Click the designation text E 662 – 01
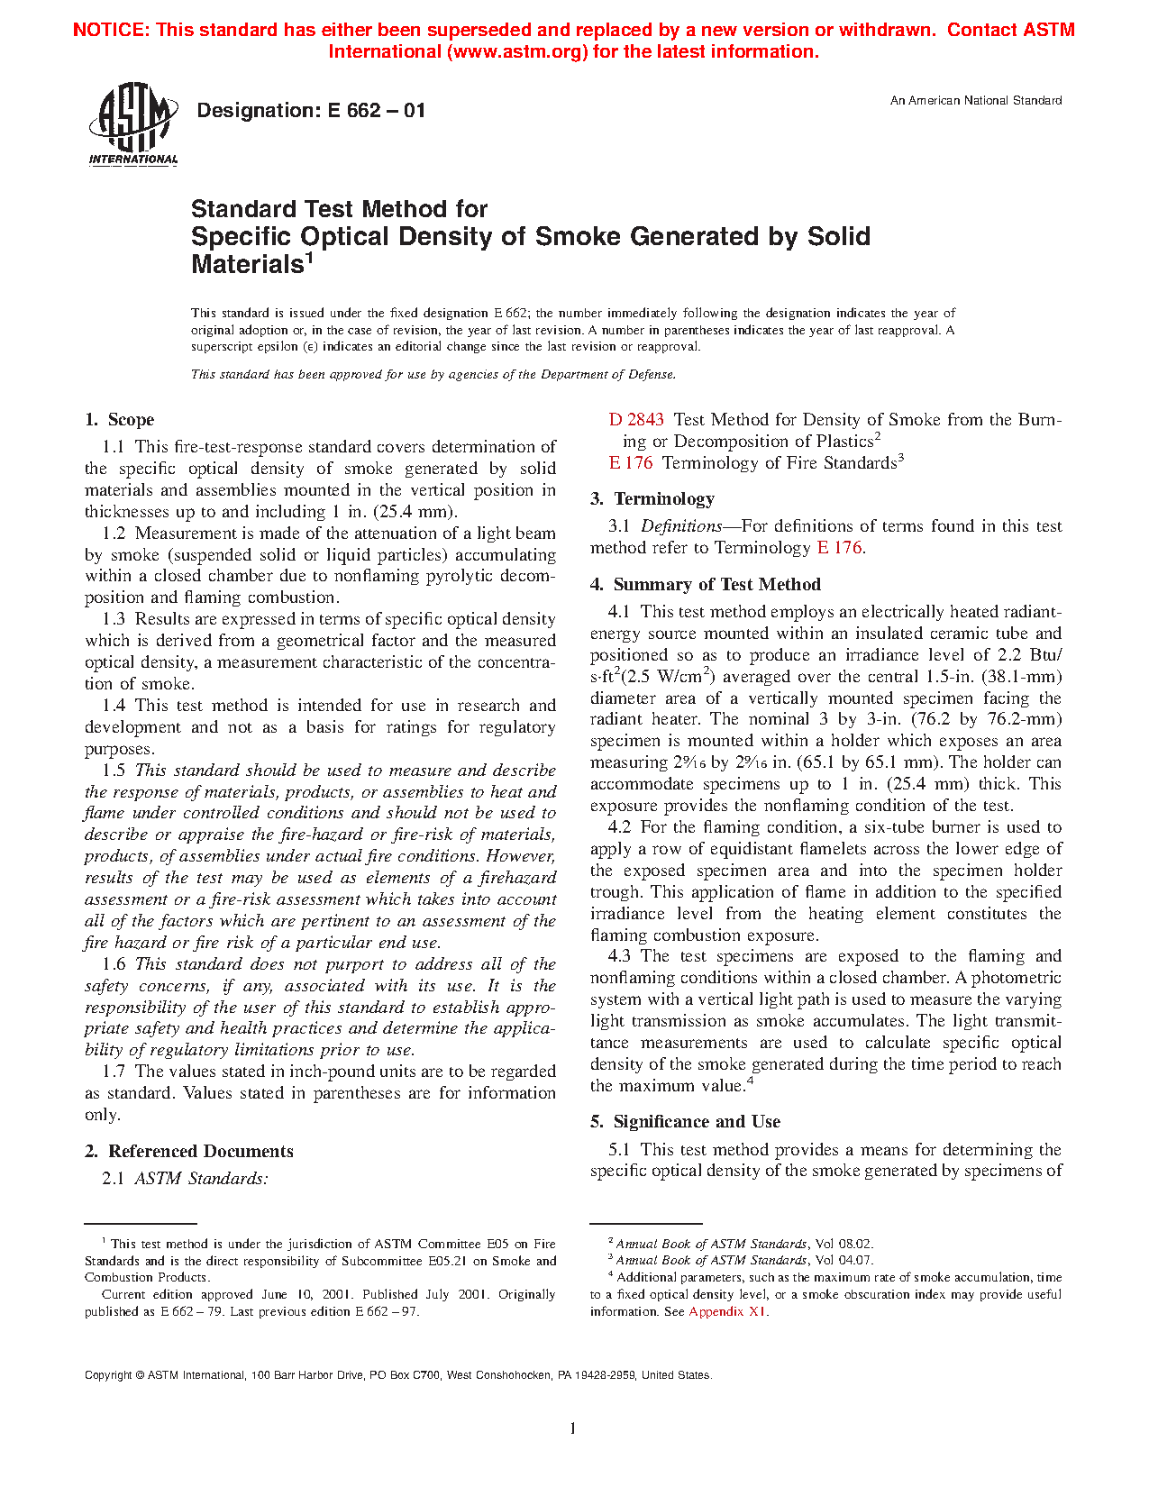click(311, 111)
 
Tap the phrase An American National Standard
click(975, 101)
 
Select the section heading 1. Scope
click(120, 420)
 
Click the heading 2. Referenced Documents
click(189, 1152)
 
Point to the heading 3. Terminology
click(652, 499)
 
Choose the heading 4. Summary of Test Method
click(706, 585)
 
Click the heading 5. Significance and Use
click(685, 1122)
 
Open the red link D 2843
click(636, 420)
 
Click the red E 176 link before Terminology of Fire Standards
click(631, 463)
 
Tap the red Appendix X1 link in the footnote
click(727, 1311)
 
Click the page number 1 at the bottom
click(573, 1428)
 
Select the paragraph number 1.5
click(114, 771)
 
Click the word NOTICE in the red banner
click(110, 30)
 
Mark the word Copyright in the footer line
click(108, 1375)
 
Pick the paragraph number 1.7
click(114, 1072)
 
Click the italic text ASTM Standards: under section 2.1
click(201, 1179)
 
